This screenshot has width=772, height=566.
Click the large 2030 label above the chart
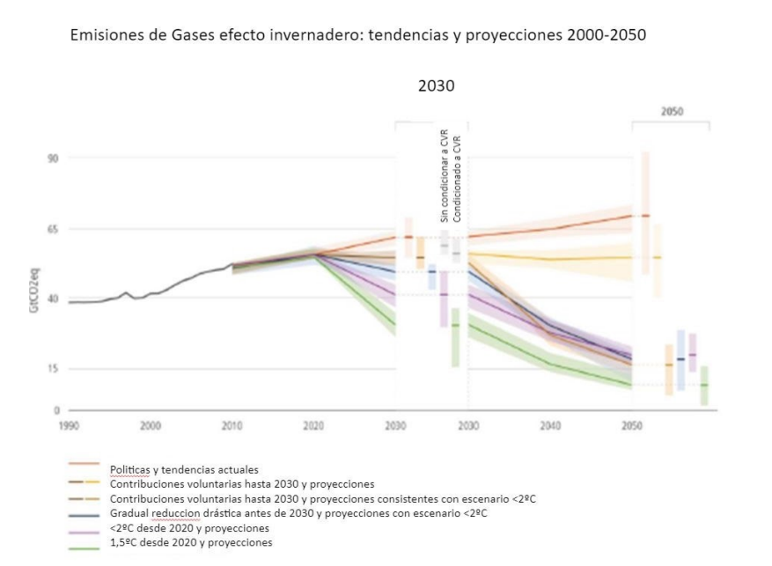point(436,87)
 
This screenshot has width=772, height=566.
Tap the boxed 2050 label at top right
point(671,113)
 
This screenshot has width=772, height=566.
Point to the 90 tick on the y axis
point(52,158)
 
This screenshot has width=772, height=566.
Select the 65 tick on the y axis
point(52,229)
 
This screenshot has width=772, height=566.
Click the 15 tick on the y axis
point(52,369)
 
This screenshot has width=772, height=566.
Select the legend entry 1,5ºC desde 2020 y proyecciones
point(191,543)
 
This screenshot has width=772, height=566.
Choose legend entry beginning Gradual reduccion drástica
point(298,513)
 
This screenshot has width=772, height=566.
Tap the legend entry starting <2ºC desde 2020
point(189,528)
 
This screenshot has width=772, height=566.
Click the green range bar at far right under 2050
point(704,385)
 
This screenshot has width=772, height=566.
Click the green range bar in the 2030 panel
point(456,337)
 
